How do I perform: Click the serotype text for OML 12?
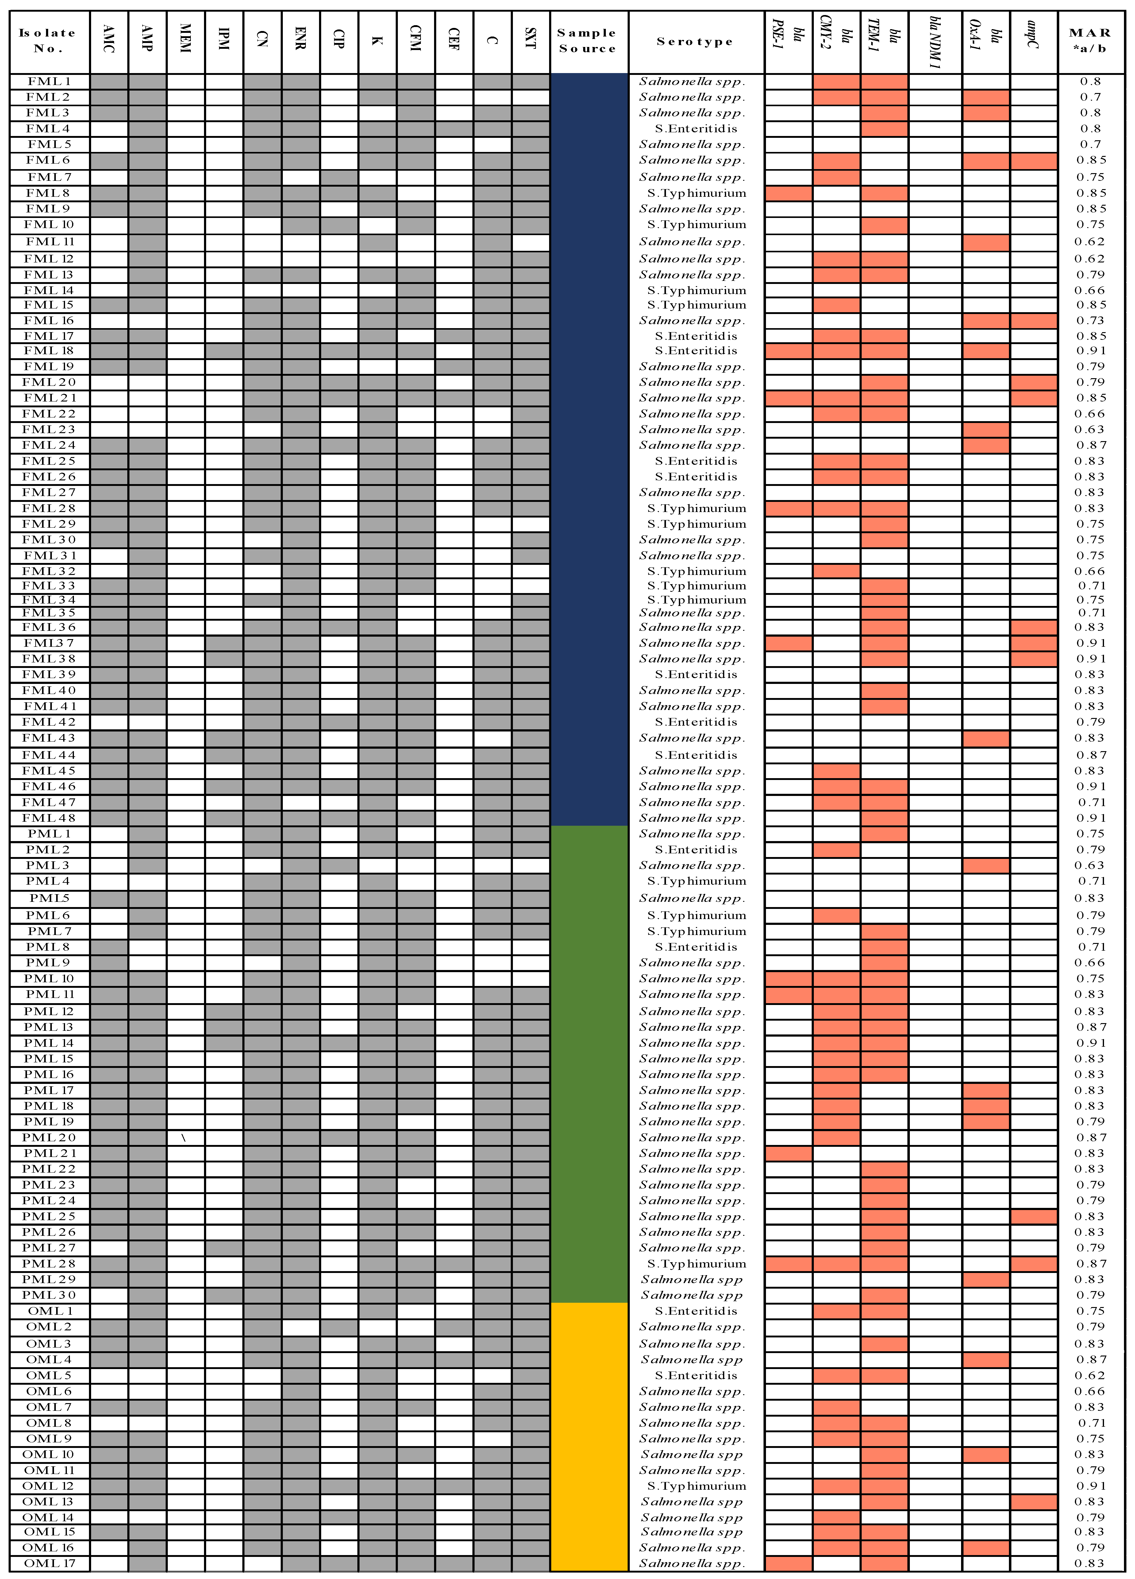click(x=696, y=1486)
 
